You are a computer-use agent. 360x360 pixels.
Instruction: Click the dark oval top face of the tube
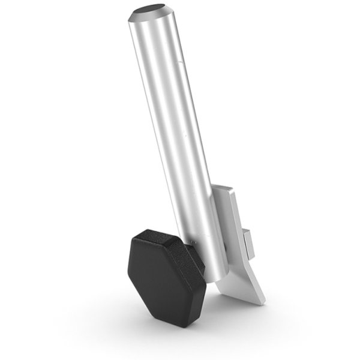pos(151,10)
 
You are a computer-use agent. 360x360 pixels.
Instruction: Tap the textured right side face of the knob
pos(195,282)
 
